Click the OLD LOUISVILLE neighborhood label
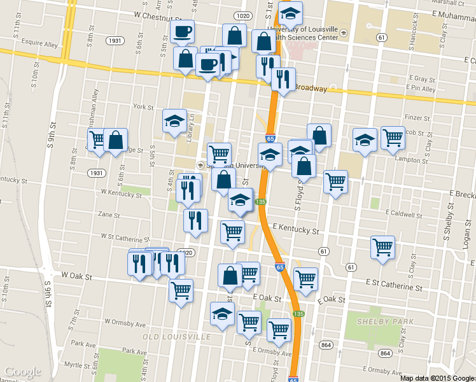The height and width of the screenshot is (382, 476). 176,336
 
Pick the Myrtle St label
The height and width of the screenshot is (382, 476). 78,364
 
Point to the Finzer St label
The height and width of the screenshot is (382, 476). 417,118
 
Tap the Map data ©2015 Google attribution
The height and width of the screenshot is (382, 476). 437,378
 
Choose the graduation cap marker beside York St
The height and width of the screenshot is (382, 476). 174,121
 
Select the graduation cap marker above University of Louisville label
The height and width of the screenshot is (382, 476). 290,12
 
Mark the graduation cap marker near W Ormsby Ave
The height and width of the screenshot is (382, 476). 222,314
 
